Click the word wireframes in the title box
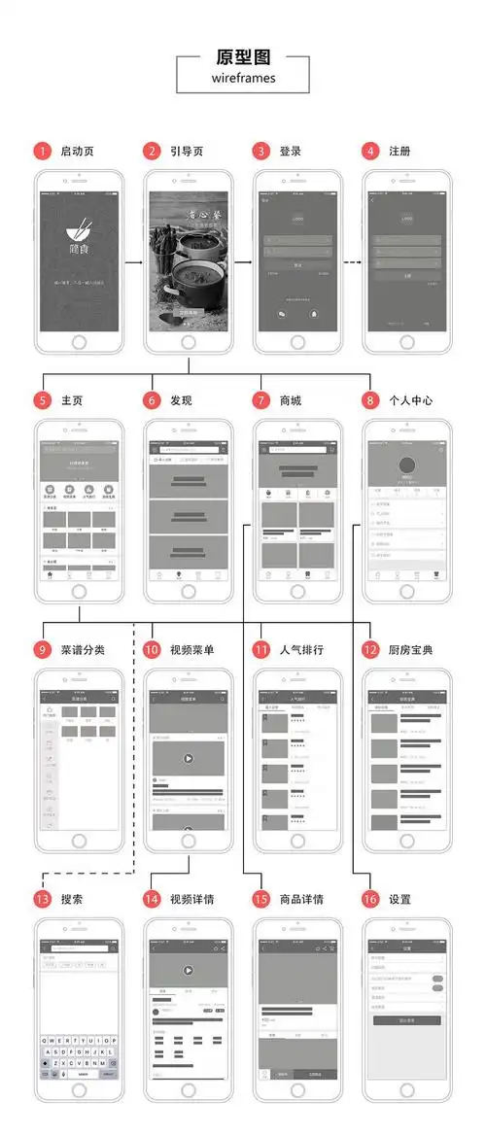(x=243, y=78)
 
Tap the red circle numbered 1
(x=42, y=151)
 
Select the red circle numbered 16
(x=369, y=899)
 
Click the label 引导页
(x=187, y=151)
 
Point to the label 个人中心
(x=411, y=399)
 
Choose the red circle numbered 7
(x=260, y=399)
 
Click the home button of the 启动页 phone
(x=80, y=343)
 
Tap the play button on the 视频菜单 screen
(x=189, y=759)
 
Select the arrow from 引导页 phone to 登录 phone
(x=237, y=262)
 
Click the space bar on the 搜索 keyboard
(x=83, y=1074)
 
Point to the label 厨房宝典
(x=410, y=649)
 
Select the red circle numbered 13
(x=42, y=899)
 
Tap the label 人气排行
(x=301, y=649)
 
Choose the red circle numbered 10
(x=151, y=649)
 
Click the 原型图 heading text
(x=243, y=56)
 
